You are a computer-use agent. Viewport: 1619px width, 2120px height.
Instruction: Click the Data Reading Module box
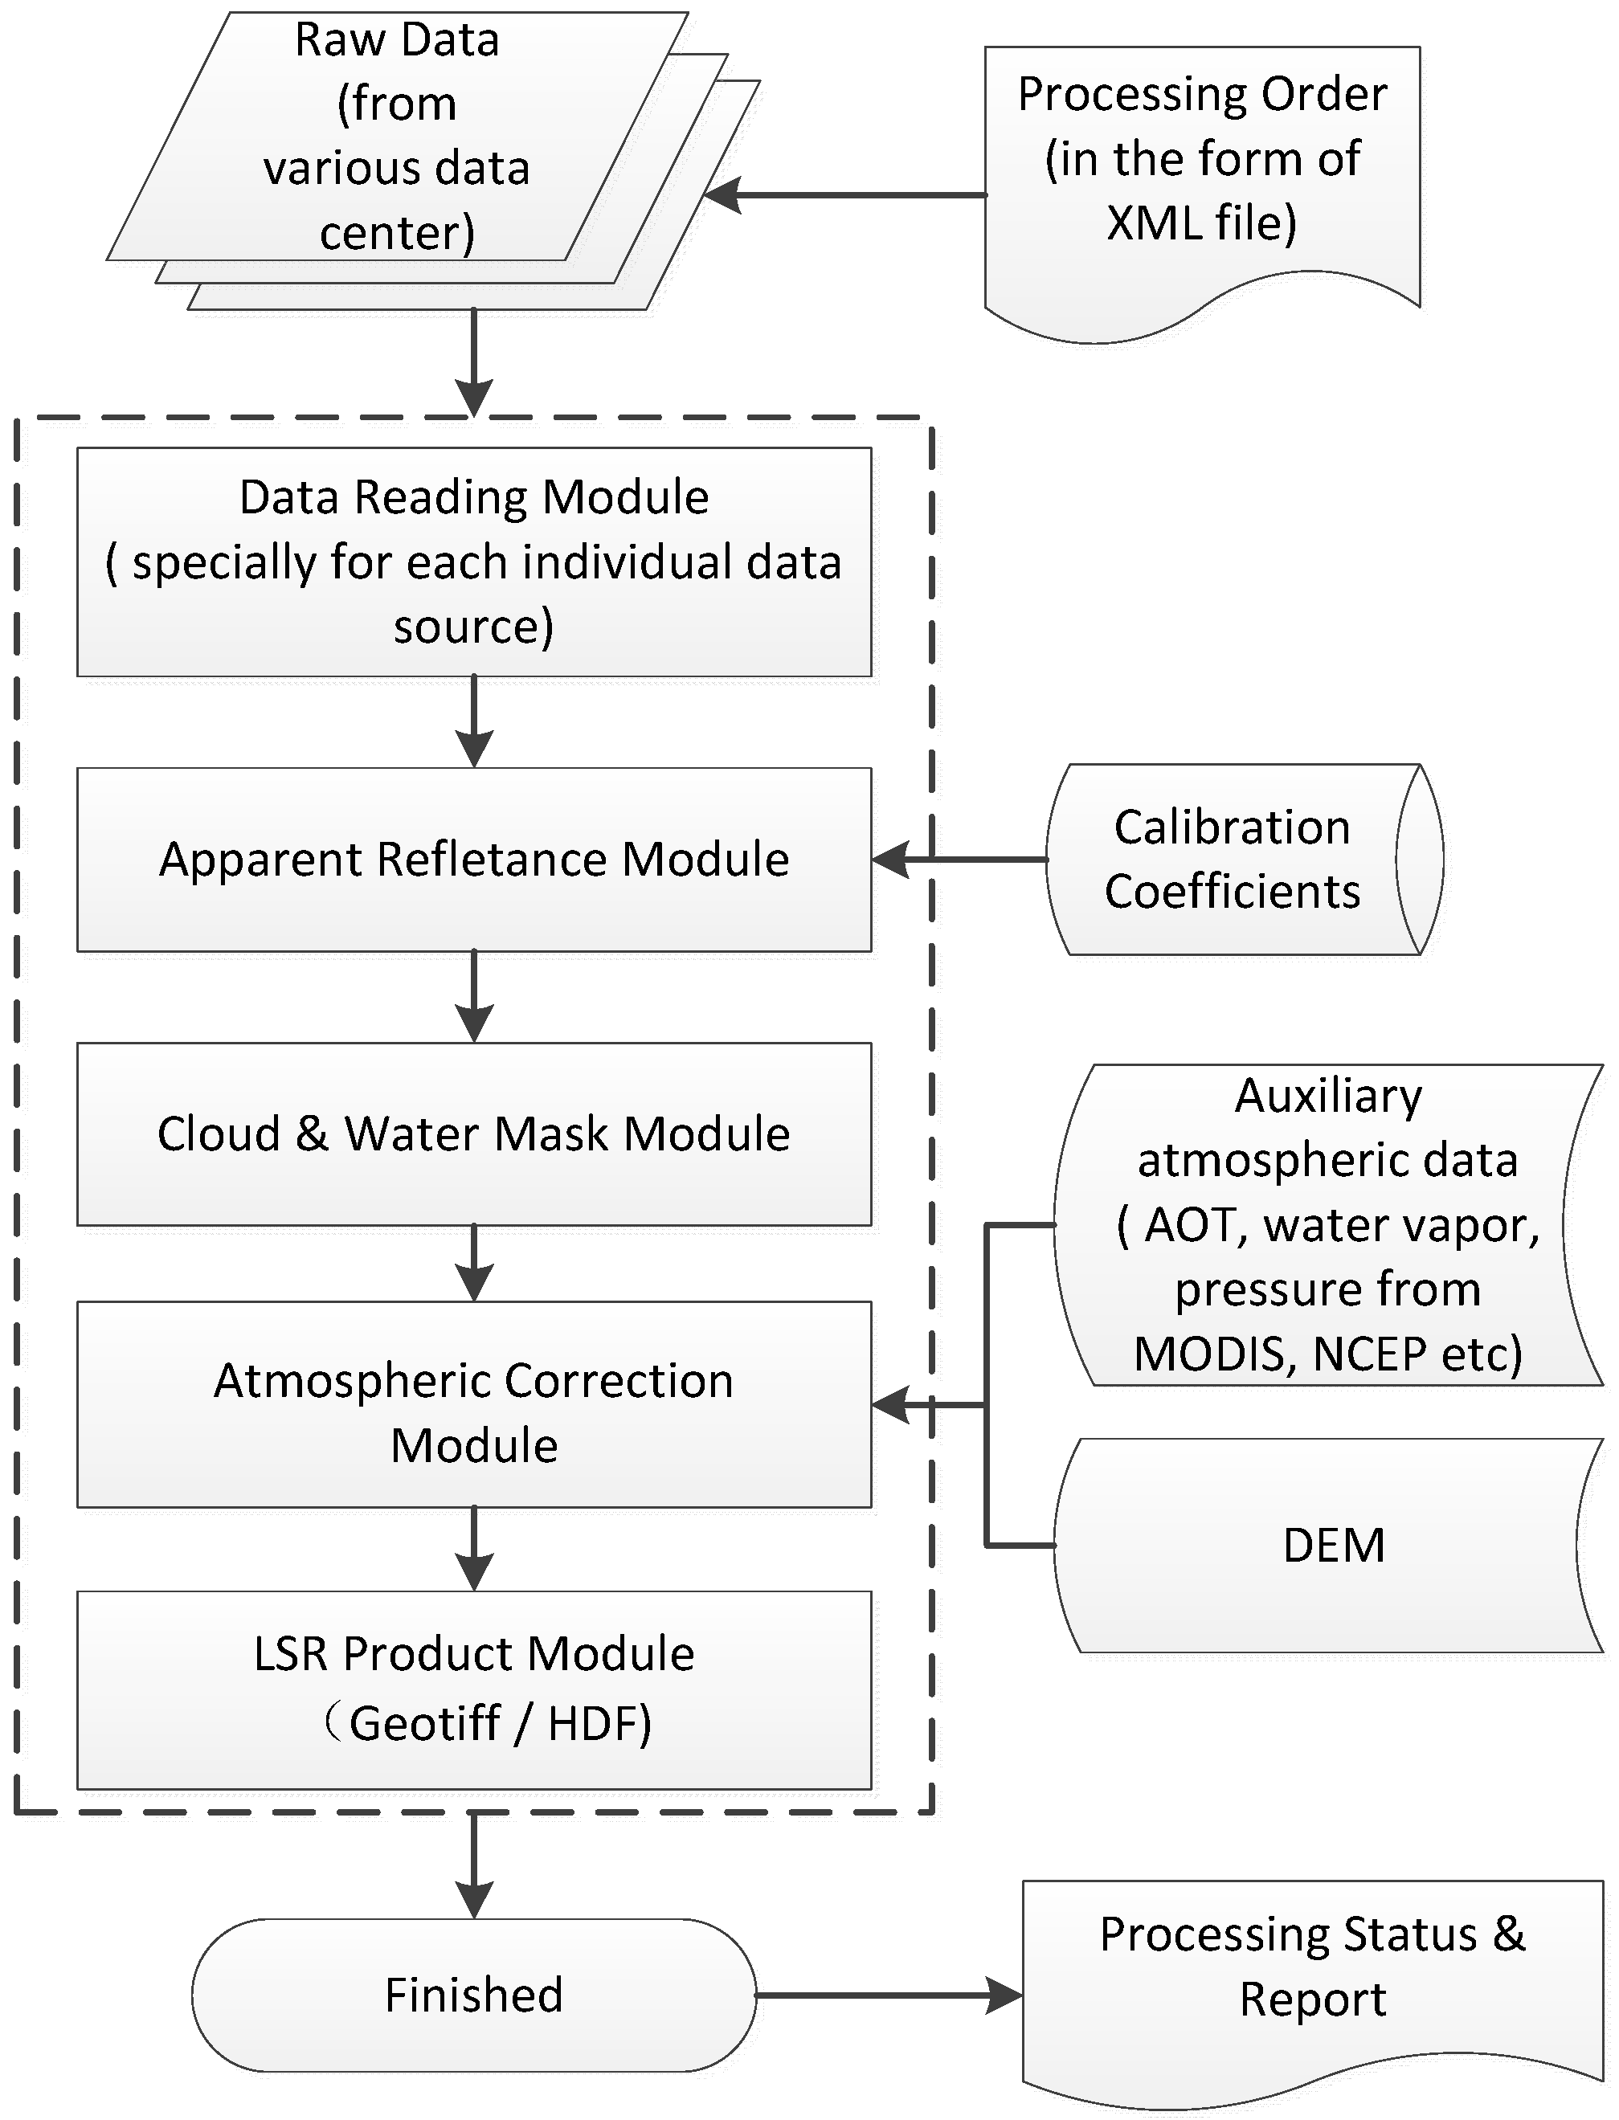point(474,561)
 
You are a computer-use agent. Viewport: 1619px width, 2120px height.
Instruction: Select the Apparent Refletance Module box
point(474,859)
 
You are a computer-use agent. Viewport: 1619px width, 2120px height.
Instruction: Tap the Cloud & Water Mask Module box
point(474,1134)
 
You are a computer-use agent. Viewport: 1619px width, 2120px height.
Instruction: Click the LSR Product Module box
point(474,1689)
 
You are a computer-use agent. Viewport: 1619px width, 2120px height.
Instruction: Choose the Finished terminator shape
point(473,1994)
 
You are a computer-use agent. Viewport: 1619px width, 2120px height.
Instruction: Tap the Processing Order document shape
point(1202,174)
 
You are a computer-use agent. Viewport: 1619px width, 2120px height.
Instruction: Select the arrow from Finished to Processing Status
point(886,1995)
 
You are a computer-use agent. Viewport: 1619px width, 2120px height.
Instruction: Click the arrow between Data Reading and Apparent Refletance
point(474,721)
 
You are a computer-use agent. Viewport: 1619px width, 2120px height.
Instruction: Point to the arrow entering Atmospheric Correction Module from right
point(925,1406)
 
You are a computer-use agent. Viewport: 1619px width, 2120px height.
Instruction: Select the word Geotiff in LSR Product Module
point(424,1723)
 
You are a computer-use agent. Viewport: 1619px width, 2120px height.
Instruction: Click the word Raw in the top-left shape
point(339,40)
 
